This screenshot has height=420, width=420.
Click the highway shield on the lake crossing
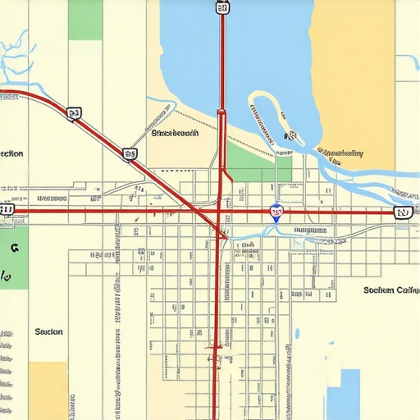pyautogui.click(x=222, y=8)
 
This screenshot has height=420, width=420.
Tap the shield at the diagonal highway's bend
pyautogui.click(x=75, y=113)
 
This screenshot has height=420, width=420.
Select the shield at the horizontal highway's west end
pyautogui.click(x=7, y=210)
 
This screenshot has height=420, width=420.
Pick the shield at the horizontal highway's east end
pyautogui.click(x=401, y=212)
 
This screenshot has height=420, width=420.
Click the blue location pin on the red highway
pyautogui.click(x=276, y=212)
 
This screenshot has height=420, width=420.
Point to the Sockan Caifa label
pyautogui.click(x=390, y=290)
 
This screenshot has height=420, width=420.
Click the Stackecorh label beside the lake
pyautogui.click(x=175, y=133)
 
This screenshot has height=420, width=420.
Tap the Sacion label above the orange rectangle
pyautogui.click(x=48, y=331)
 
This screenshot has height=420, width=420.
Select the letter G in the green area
pyautogui.click(x=13, y=246)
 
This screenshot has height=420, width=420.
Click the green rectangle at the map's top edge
pyautogui.click(x=85, y=20)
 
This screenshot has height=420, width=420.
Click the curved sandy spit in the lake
pyautogui.click(x=262, y=123)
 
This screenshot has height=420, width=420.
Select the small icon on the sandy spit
pyautogui.click(x=289, y=136)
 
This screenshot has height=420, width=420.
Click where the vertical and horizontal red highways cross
pyautogui.click(x=218, y=211)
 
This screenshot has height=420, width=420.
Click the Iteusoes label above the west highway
pyautogui.click(x=51, y=198)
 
